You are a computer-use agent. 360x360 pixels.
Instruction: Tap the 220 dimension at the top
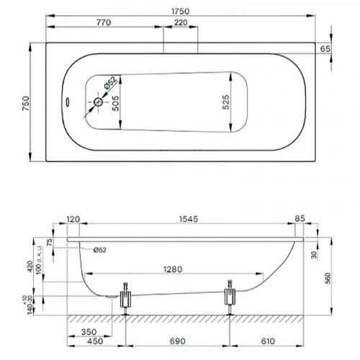tap(181, 24)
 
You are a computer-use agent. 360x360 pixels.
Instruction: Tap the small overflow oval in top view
tap(68, 102)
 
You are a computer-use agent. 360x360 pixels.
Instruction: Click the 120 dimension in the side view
tap(73, 218)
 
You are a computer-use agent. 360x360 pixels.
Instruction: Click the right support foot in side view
tap(230, 298)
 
